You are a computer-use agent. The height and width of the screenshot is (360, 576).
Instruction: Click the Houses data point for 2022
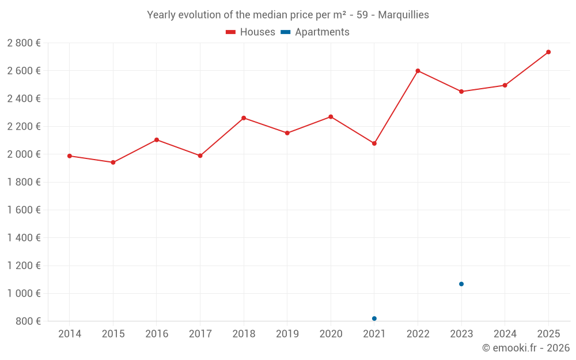[418, 71]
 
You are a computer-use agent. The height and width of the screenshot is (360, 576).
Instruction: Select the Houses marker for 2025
[548, 52]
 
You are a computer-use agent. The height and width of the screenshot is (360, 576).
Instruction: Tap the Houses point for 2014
[70, 156]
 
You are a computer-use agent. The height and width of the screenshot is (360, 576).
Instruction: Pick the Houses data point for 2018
[244, 118]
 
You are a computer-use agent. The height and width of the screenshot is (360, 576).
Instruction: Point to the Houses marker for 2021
[374, 143]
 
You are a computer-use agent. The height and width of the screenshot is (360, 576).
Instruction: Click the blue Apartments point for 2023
[461, 284]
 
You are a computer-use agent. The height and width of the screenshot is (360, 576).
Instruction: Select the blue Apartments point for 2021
[374, 319]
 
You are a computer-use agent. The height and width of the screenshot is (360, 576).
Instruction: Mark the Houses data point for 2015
[113, 162]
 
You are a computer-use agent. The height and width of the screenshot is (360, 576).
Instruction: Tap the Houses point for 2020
[331, 117]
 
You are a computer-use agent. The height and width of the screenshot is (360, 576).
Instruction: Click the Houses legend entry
[251, 32]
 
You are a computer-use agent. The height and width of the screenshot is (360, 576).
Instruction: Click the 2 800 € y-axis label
[24, 43]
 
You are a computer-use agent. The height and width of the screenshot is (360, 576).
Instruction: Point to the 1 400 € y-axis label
[24, 237]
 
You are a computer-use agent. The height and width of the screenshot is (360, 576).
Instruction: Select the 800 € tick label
[29, 321]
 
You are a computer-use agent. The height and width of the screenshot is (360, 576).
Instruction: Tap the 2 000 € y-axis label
[24, 154]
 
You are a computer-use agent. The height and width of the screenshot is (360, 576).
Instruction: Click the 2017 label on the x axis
[200, 334]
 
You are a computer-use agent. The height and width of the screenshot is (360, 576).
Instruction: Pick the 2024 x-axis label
[505, 334]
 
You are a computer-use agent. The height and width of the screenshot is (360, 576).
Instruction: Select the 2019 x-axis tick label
[287, 334]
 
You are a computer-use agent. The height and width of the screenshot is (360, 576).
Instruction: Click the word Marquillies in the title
[403, 15]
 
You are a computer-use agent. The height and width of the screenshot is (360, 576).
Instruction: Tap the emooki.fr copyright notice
[525, 348]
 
